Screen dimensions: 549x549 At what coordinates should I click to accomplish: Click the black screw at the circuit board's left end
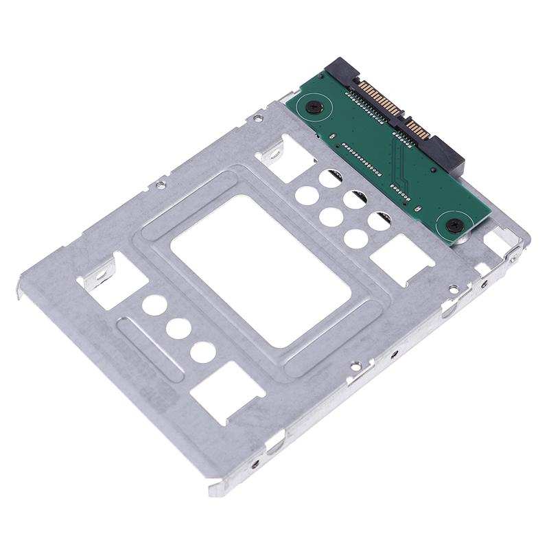[314, 107]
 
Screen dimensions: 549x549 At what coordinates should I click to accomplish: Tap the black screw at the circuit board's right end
[454, 224]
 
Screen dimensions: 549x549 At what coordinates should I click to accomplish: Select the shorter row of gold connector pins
[418, 128]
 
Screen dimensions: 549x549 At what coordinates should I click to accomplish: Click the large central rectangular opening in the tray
[261, 268]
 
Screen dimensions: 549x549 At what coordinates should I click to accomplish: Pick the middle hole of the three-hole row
[178, 328]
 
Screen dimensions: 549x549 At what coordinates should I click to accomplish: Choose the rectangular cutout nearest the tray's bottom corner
[226, 391]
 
